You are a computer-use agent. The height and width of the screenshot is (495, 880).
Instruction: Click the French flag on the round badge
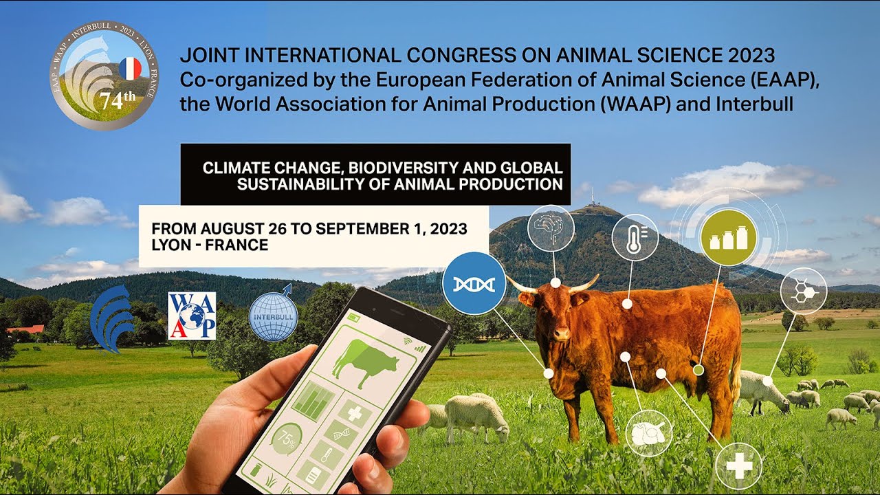tap(130, 69)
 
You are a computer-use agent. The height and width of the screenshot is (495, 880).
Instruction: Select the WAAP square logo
tap(192, 316)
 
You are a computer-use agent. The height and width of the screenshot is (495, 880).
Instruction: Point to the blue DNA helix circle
tap(474, 283)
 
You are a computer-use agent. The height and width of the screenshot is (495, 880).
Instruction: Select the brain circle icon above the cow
tap(551, 228)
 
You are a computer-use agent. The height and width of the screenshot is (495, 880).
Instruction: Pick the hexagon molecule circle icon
tap(803, 291)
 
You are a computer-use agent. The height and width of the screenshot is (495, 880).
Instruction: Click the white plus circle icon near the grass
tap(738, 466)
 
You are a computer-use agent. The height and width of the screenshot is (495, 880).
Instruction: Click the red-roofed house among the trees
tap(26, 329)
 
